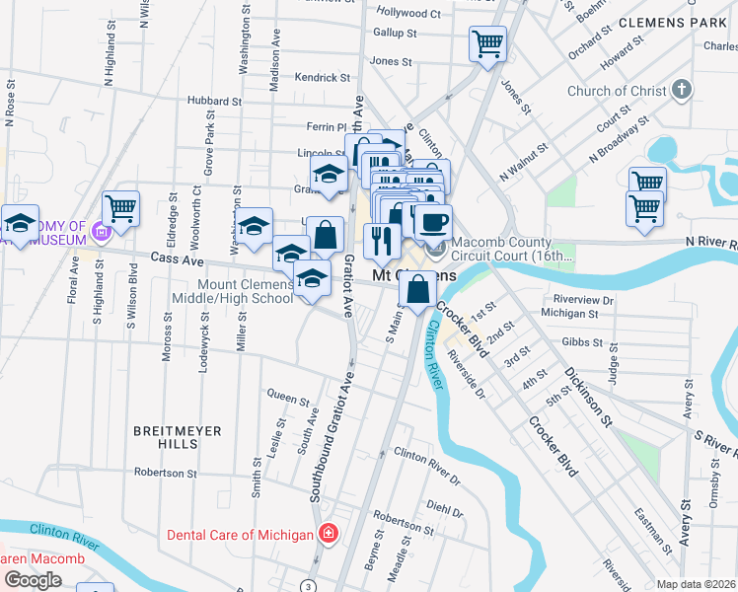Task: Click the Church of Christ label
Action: [x=617, y=92]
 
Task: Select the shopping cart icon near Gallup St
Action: [x=487, y=44]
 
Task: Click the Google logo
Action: [x=33, y=580]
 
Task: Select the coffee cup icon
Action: [x=433, y=222]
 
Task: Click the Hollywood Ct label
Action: [x=408, y=14]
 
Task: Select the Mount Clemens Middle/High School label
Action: [x=246, y=291]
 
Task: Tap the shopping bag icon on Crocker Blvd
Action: [x=417, y=290]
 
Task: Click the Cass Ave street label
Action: [x=176, y=259]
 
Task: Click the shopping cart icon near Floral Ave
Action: [x=120, y=208]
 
